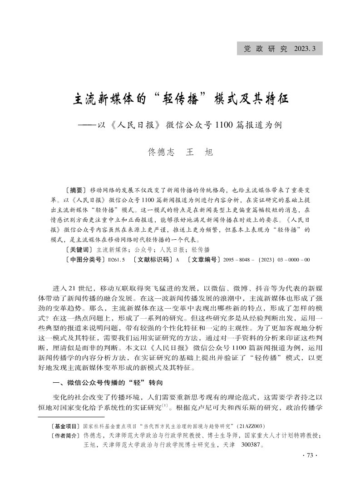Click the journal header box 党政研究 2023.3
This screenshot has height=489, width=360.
(280, 49)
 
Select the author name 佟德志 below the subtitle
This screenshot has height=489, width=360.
(161, 153)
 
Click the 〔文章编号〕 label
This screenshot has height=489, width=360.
(199, 260)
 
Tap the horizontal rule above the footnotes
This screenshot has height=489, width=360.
(71, 416)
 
